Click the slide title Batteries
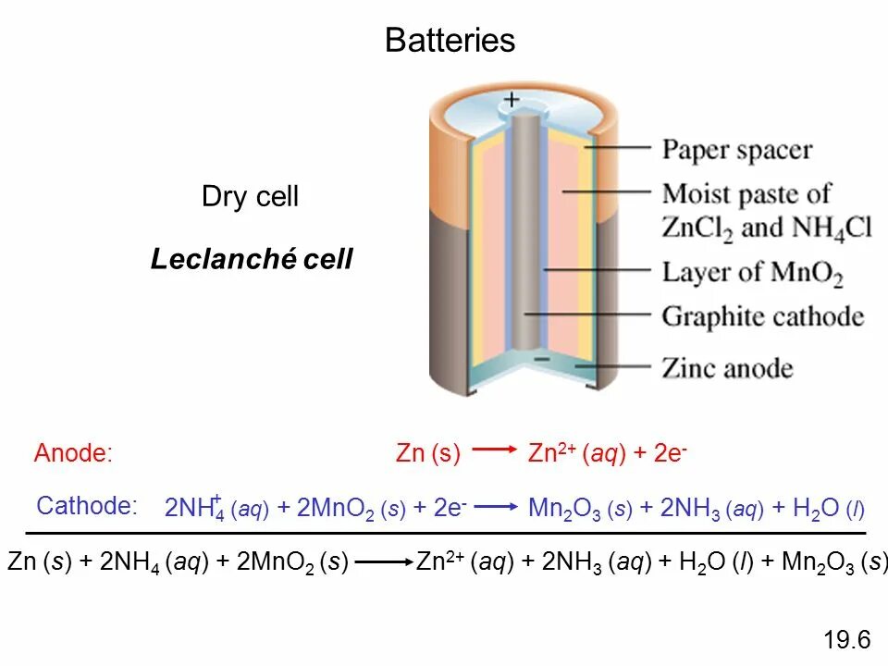[x=450, y=41]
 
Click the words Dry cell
[x=250, y=197]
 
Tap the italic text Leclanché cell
[x=252, y=259]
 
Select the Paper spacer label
[x=737, y=150]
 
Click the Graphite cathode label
[x=763, y=317]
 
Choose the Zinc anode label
[x=727, y=368]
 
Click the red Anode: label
[x=73, y=453]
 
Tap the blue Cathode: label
[x=86, y=506]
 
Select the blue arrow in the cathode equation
[x=498, y=506]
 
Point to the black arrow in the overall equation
[x=383, y=561]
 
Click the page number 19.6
[x=846, y=640]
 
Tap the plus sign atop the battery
[x=512, y=98]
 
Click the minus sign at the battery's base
[x=541, y=358]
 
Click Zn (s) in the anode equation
[x=427, y=453]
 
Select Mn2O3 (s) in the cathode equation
[x=580, y=508]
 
